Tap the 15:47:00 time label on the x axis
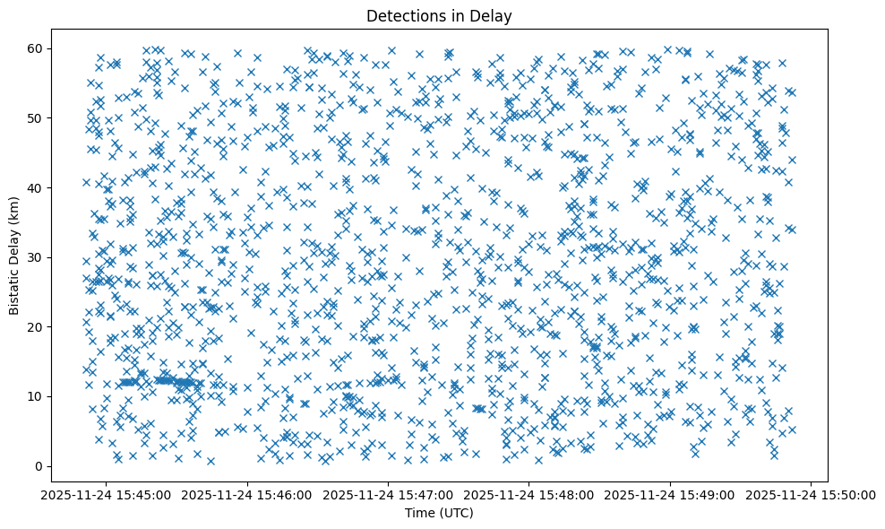[389, 494]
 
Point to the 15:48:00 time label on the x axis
[529, 494]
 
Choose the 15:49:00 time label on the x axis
[670, 494]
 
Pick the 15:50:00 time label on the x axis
[812, 494]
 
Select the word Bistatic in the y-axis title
[15, 289]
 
